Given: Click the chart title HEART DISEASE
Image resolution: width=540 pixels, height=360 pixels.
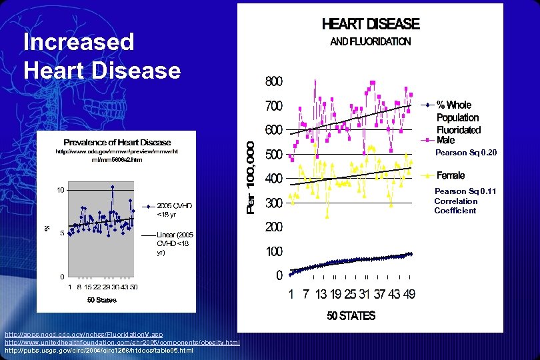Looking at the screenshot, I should (371, 25).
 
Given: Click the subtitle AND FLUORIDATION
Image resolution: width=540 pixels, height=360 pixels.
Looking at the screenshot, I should (371, 41).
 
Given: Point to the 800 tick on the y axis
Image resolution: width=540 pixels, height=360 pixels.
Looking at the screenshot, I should (274, 81).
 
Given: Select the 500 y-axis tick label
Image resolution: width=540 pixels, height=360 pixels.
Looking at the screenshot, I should (274, 155).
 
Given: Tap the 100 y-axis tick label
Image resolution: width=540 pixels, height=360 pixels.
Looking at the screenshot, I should (274, 251).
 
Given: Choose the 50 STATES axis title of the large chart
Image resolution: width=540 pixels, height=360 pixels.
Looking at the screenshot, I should (351, 315).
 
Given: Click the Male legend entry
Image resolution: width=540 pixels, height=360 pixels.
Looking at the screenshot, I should (446, 140).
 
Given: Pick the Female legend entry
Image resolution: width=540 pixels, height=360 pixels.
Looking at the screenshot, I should (451, 176).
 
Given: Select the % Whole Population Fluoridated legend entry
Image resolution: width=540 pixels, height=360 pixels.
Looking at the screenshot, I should (458, 117).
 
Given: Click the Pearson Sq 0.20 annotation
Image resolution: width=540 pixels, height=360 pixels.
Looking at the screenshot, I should (466, 153).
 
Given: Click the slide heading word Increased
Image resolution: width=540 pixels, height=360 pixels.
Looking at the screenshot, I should (79, 42).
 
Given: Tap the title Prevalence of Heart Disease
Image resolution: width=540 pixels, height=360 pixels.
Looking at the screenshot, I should (117, 142).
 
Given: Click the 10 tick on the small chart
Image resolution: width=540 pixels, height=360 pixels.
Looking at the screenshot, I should (60, 190).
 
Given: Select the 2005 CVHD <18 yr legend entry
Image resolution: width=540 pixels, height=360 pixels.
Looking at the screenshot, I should (175, 210).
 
